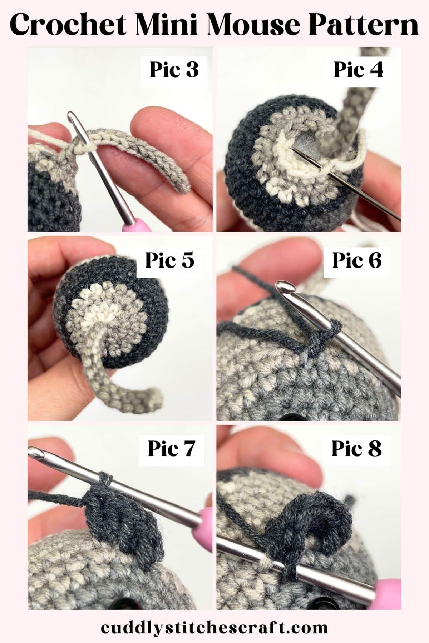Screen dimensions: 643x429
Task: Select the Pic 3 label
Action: click(174, 70)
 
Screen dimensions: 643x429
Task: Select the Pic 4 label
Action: click(358, 70)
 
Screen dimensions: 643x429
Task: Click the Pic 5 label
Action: click(169, 260)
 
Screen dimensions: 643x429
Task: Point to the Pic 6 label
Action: click(357, 260)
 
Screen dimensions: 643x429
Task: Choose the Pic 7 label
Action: click(171, 449)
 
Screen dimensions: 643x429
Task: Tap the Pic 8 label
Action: click(356, 449)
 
